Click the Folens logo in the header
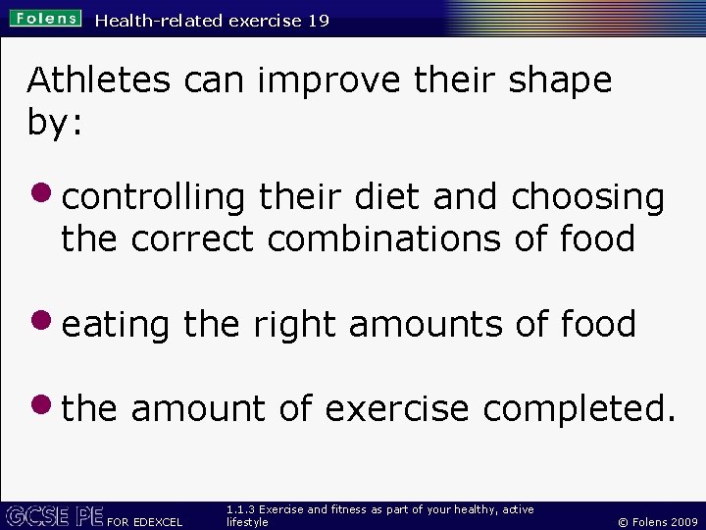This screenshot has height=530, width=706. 46,19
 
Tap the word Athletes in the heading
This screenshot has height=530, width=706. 98,80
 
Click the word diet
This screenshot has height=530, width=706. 387,197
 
